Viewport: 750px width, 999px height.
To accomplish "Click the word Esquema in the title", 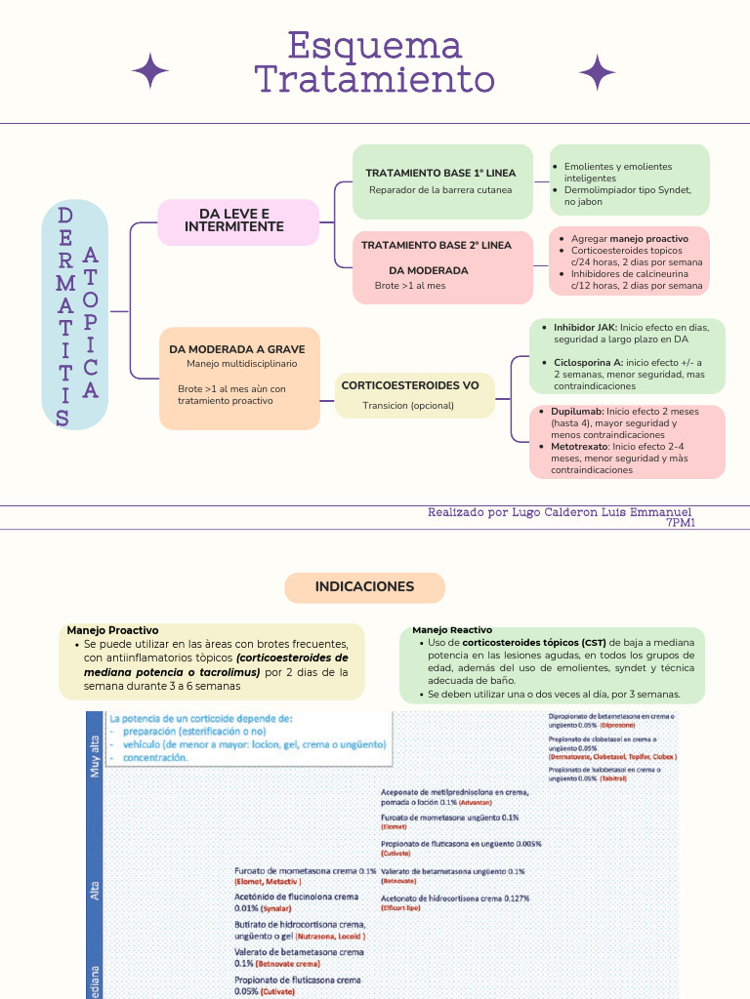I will coord(375,46).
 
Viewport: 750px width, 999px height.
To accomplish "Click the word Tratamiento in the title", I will coord(375,79).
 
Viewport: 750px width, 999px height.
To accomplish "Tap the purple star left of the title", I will coord(150,72).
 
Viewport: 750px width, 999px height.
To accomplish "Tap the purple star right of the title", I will coord(597,72).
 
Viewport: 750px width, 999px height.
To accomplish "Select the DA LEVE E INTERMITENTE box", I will coord(238,221).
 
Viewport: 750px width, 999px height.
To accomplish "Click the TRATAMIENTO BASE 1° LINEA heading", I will coord(440,173).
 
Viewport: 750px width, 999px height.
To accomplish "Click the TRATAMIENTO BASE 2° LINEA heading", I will coord(437,245).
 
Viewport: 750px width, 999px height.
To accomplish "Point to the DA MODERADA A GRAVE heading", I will coord(237,348).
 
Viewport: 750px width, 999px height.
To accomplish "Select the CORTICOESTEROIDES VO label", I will coord(410,385).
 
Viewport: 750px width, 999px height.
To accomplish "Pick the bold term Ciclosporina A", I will coord(588,362).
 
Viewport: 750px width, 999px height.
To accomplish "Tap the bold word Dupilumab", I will coord(577,412).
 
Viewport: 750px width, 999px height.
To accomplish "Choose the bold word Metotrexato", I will coord(580,446).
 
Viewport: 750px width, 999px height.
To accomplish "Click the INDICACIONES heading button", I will coord(364,587).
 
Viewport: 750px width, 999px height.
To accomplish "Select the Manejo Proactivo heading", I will coord(112,630).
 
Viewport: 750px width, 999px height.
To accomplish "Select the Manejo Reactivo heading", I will coord(452,630).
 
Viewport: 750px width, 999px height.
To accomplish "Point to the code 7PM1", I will coord(680,523).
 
